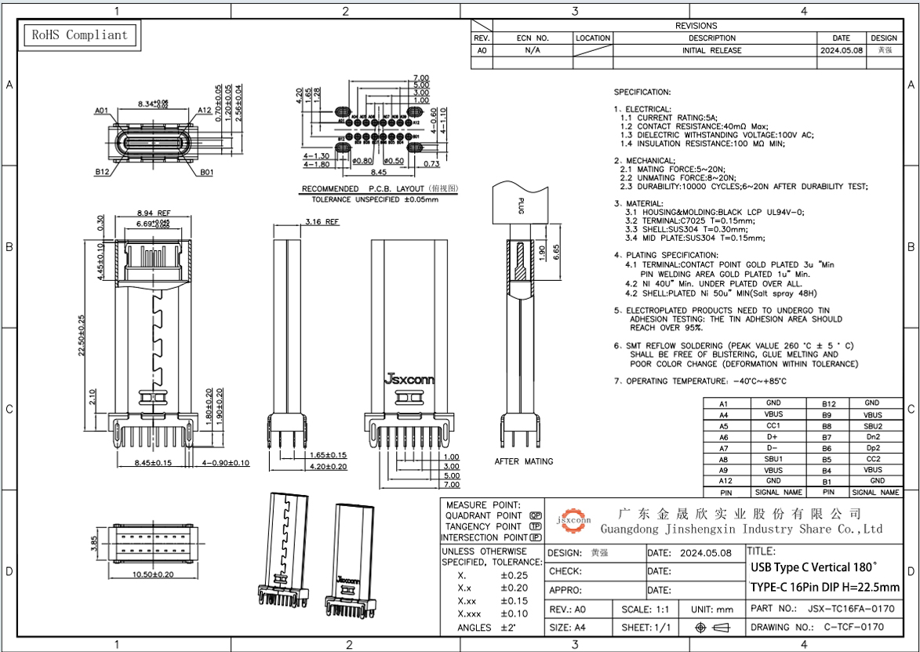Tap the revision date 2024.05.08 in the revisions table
click(841, 49)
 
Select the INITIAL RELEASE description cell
click(712, 49)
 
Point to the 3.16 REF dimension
click(322, 222)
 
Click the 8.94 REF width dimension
click(154, 213)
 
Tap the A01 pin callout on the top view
click(101, 111)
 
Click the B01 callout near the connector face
click(206, 172)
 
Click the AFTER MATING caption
click(523, 461)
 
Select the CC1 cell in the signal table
click(773, 425)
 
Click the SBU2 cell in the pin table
click(872, 425)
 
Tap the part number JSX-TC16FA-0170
click(850, 608)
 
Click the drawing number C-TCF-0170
click(853, 627)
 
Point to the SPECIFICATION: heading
click(642, 92)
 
